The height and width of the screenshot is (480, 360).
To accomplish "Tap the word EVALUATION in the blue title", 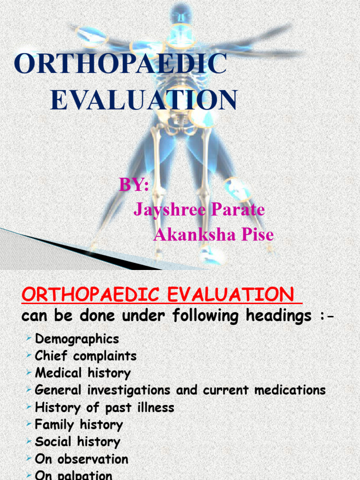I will coord(143,100).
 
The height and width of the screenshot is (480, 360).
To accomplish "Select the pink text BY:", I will coord(134,185).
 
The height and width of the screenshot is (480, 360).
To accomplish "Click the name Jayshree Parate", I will coord(199,210).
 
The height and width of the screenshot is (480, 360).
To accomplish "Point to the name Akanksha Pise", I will coord(214,234).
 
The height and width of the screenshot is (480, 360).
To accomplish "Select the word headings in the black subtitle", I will coord(278,316).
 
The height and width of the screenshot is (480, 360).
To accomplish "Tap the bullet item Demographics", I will coord(77,338).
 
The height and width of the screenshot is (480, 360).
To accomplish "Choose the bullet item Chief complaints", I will coord(86,356).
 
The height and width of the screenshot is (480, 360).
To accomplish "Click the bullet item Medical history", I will coord(83,373).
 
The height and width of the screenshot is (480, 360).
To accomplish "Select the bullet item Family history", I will coord(79,425).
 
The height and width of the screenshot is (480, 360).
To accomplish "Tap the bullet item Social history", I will coord(77,442).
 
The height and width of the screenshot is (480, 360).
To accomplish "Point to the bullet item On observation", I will coord(82,459).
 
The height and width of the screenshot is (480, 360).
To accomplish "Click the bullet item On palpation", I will coord(74,475).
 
